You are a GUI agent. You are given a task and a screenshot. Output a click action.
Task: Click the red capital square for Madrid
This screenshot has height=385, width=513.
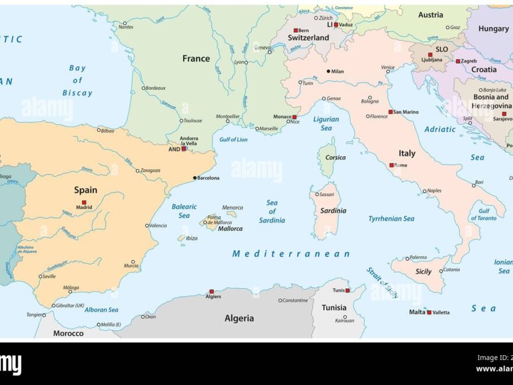coord(84,202)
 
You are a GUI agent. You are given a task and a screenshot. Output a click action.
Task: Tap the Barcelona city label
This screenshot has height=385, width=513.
coord(208,178)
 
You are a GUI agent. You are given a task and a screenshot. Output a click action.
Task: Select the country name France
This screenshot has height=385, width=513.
coord(196,58)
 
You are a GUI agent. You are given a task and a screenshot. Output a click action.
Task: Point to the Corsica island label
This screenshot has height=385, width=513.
coord(335,157)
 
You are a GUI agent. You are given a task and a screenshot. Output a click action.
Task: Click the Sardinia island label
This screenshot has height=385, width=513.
coord(333,211)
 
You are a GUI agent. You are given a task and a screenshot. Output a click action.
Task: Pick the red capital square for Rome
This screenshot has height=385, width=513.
coord(392,165)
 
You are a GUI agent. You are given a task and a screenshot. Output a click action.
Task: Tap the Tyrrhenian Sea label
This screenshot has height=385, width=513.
coord(391,219)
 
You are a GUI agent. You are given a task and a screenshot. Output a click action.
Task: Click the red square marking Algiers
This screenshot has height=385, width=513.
coord(212,291)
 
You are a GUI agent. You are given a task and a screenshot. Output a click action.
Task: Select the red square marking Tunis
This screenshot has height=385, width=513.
coord(347,290)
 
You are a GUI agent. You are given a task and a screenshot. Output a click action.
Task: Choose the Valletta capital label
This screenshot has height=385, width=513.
coord(441,313)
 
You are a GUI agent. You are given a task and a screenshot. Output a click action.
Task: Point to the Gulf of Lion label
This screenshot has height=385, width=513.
coord(233,139)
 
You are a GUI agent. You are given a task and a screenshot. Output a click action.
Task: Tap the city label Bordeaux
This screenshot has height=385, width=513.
coord(156,88)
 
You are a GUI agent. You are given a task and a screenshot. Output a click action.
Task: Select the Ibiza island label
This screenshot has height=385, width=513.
coord(191,238)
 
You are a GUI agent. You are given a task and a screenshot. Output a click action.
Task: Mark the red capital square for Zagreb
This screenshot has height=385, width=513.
coord(458,61)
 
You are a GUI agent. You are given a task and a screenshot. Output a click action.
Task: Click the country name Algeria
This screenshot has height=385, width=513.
coord(239,318)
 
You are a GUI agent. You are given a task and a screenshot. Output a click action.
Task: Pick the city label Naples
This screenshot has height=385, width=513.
coord(434,191)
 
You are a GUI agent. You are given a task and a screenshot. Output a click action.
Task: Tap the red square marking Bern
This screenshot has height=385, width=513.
coord(296,30)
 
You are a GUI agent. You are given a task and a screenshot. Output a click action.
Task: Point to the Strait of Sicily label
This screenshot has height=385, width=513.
coord(383,283)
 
